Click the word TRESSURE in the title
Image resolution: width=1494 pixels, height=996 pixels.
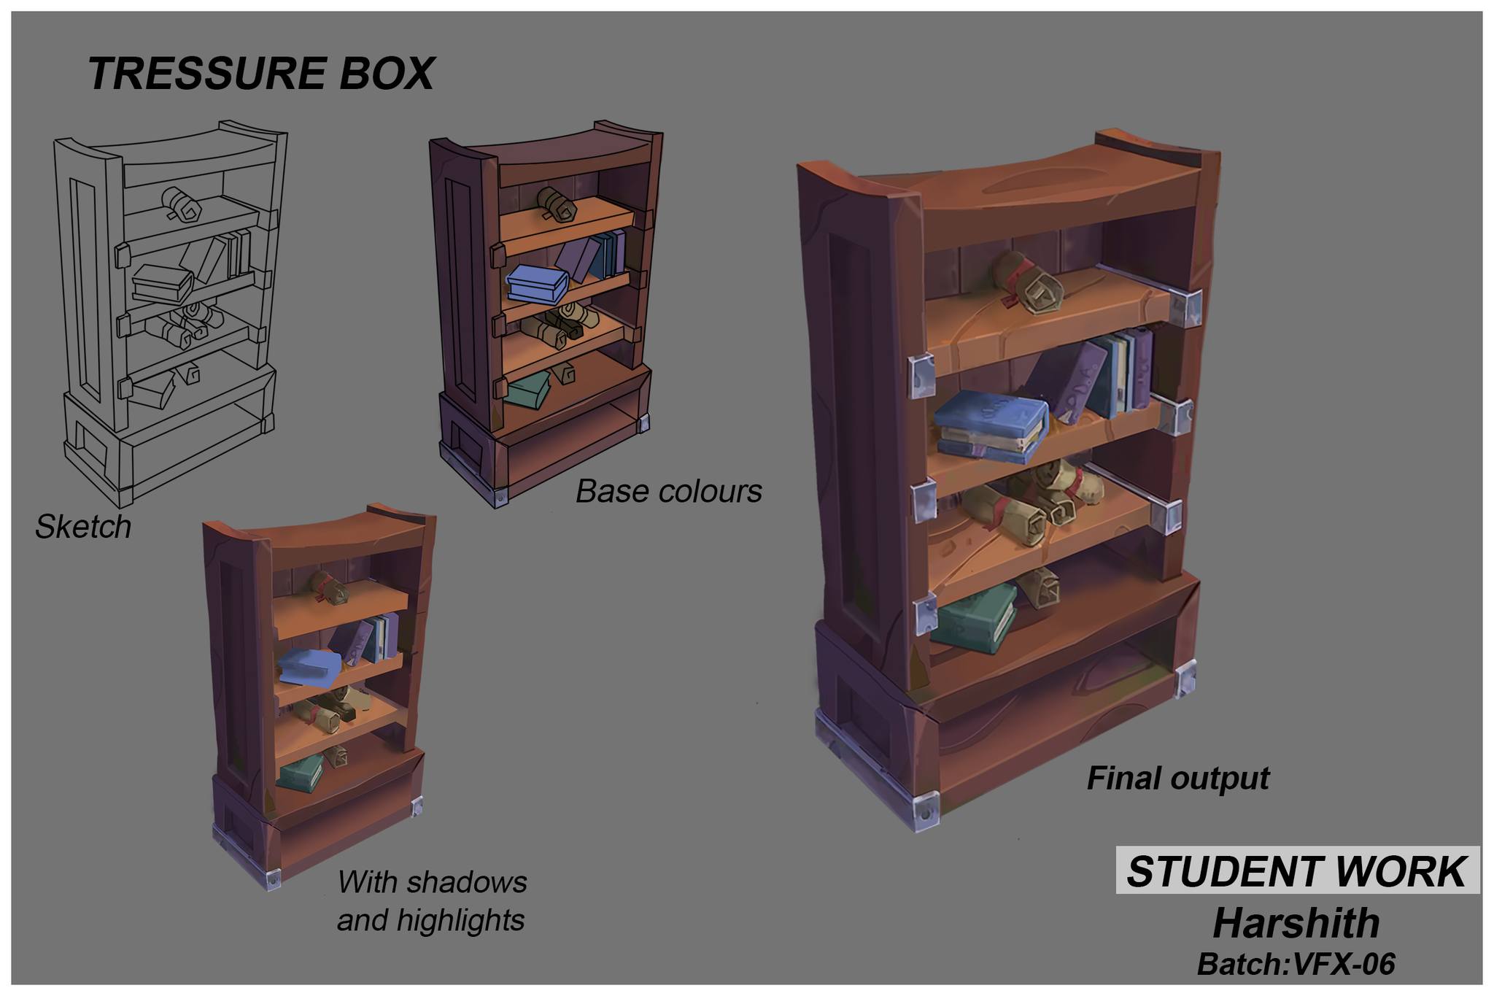(206, 74)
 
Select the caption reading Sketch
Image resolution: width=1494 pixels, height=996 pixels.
(83, 527)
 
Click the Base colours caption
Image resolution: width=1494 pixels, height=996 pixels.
(668, 491)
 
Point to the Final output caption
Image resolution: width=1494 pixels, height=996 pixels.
(1177, 778)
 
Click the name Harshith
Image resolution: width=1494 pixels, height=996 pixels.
(1296, 923)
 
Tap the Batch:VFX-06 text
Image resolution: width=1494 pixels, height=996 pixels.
(1296, 964)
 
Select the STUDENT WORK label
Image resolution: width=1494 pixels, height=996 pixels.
(1296, 871)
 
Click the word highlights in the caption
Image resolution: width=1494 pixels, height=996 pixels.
(460, 920)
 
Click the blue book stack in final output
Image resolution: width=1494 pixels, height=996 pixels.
(991, 426)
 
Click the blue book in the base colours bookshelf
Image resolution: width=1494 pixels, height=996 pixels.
(537, 283)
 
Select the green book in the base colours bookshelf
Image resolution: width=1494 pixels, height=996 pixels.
(529, 392)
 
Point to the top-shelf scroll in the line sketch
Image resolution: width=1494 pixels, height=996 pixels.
(182, 202)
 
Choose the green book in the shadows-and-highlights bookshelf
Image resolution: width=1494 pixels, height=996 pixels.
(301, 774)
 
